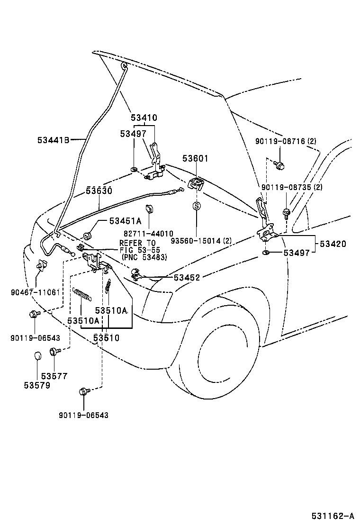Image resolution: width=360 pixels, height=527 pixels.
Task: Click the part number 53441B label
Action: tap(54, 140)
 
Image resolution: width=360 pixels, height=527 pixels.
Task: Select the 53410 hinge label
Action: tap(144, 118)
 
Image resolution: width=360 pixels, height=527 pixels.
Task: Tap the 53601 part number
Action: tap(196, 159)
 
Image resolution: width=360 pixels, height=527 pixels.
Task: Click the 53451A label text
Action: tap(125, 221)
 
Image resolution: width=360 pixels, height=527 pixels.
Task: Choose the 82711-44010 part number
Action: tap(149, 234)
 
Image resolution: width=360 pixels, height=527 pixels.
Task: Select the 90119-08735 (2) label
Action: tap(292, 187)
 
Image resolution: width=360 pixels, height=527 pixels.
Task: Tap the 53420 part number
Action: tap(333, 244)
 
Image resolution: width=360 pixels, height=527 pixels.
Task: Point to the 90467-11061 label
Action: tap(36, 292)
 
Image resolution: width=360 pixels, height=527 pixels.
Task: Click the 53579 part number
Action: tap(37, 385)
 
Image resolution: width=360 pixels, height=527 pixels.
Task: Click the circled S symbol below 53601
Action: tap(197, 206)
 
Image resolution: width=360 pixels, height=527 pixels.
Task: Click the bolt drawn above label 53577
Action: tap(53, 352)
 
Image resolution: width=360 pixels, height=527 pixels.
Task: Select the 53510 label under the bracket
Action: tap(107, 337)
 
